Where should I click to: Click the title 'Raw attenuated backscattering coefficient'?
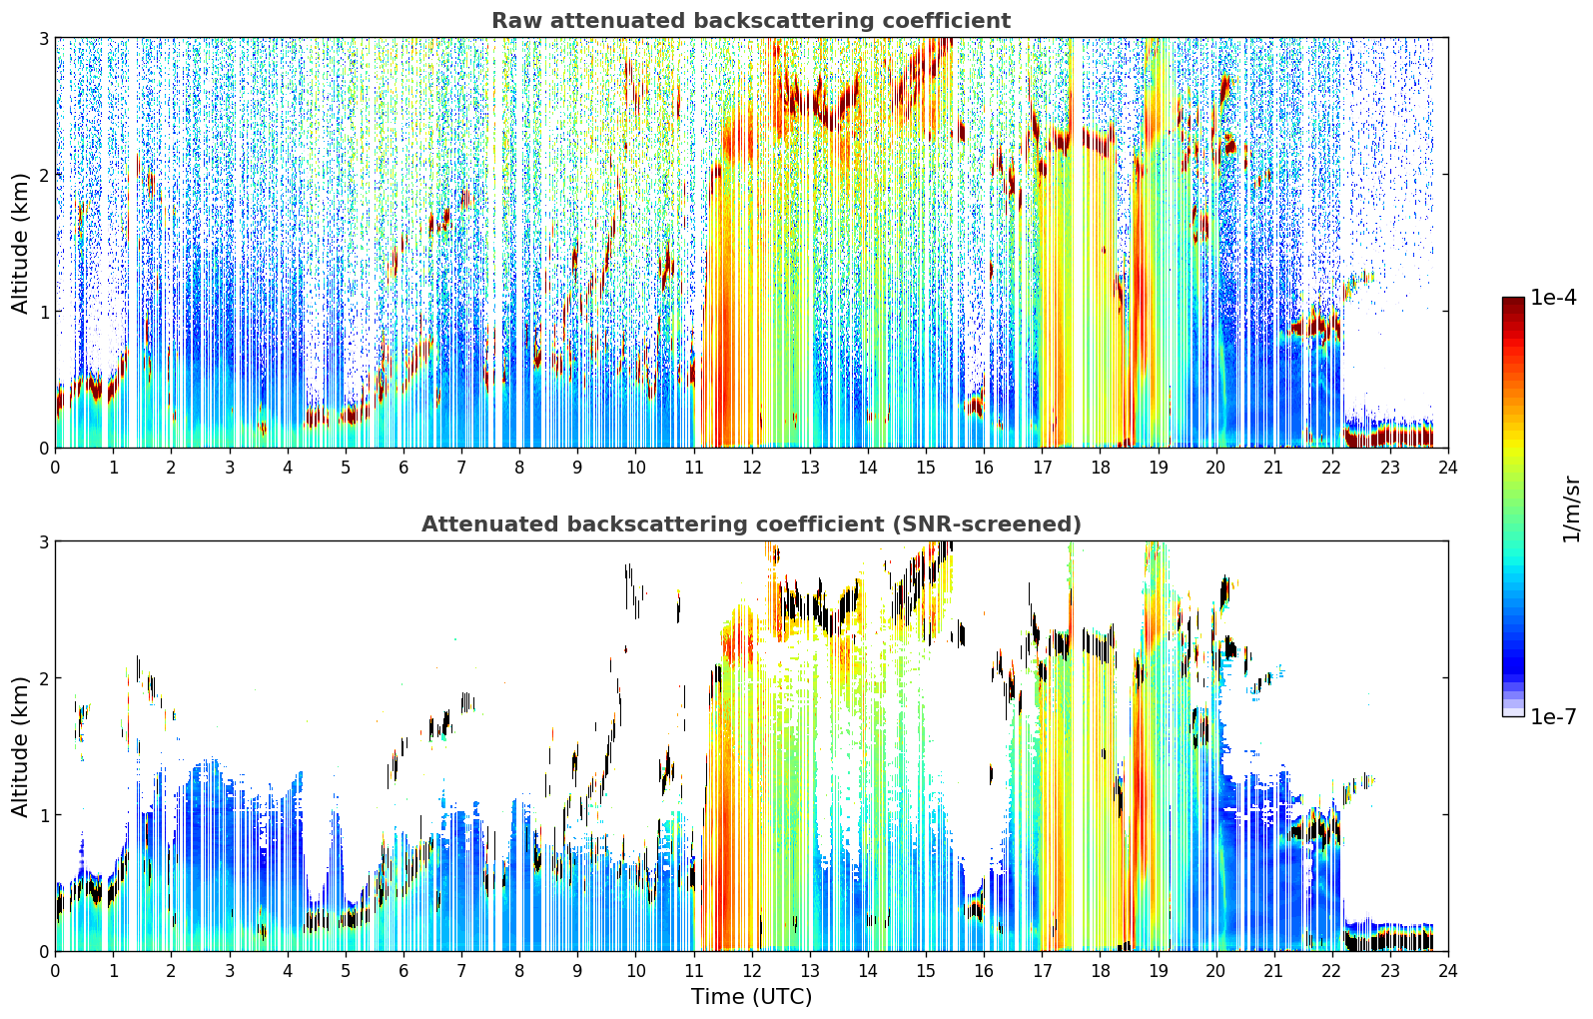click(x=751, y=21)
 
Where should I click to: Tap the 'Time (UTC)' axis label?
click(x=751, y=997)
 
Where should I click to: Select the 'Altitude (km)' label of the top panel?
click(x=20, y=243)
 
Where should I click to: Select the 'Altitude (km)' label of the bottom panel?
click(x=20, y=746)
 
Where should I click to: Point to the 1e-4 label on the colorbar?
click(x=1553, y=298)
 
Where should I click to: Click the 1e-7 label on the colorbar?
click(x=1553, y=716)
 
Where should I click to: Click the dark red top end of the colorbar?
click(x=1513, y=301)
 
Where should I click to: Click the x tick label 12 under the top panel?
click(x=752, y=468)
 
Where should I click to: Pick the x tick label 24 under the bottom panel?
click(x=1448, y=971)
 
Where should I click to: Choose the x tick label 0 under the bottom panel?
click(x=56, y=971)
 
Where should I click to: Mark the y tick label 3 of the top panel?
click(x=43, y=38)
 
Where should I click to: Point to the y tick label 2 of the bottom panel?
click(x=43, y=678)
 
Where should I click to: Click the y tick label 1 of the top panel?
click(x=43, y=312)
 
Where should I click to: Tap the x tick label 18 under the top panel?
click(x=1101, y=468)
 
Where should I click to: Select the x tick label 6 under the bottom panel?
click(x=403, y=971)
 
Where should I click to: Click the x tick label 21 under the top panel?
click(x=1273, y=468)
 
